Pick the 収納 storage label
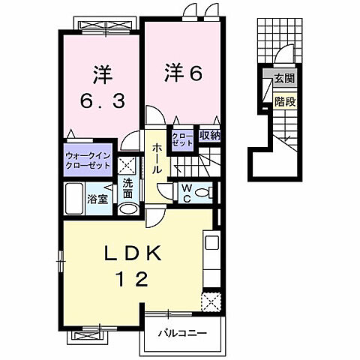pyautogui.click(x=209, y=136)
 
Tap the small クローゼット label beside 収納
pyautogui.click(x=183, y=139)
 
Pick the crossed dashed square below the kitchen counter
pyautogui.click(x=211, y=302)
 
